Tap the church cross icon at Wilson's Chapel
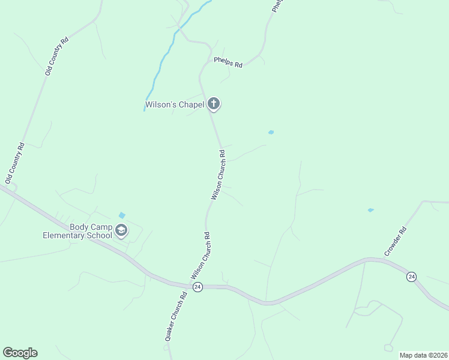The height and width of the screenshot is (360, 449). [213, 104]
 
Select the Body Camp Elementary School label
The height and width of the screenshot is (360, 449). [77, 231]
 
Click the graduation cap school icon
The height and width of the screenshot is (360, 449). [121, 230]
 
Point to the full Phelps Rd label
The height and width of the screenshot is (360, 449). [228, 62]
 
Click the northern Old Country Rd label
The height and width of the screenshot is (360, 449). [57, 55]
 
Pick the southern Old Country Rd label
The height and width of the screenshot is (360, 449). [14, 163]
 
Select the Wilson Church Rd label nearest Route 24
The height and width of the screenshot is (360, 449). [200, 254]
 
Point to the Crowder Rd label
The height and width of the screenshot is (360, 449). [396, 241]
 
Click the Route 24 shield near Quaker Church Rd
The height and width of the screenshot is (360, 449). [197, 287]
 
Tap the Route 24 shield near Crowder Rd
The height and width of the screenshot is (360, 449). [411, 277]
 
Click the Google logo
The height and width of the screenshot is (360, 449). [20, 353]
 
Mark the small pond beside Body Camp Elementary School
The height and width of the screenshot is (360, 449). [122, 215]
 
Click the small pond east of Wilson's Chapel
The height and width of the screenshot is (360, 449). [271, 132]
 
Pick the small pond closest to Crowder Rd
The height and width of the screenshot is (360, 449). [370, 211]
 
